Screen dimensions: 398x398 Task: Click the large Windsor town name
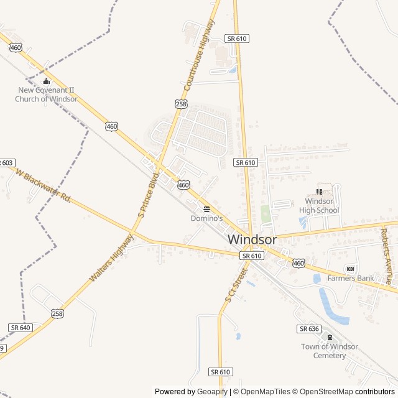[x=252, y=239]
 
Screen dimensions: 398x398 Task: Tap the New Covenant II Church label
[x=47, y=94]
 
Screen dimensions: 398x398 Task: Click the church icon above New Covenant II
[x=46, y=81]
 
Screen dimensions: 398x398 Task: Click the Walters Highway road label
[x=111, y=257]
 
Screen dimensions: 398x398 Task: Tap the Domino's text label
[x=206, y=218]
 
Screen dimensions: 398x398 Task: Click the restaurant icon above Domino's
[x=206, y=209]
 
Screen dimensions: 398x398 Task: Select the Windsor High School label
[x=322, y=205]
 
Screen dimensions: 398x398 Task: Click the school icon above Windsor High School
[x=320, y=192]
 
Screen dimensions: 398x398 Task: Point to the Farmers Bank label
[x=351, y=278]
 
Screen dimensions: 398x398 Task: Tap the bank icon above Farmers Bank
[x=350, y=269]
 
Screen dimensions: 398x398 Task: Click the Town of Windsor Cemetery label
[x=329, y=351]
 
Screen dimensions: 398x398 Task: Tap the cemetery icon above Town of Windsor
[x=329, y=337]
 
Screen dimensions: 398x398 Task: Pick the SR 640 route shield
[x=20, y=327]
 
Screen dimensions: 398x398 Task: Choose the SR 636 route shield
[x=308, y=328]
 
